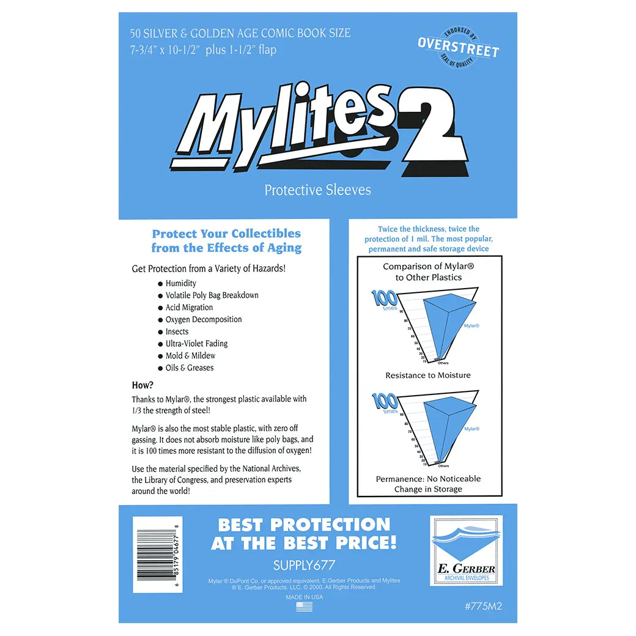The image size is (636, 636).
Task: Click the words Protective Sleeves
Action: coord(317,190)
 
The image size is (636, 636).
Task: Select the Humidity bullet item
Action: coord(180,283)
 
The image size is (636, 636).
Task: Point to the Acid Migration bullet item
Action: coord(189,308)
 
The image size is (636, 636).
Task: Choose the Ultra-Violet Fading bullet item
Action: coord(196,344)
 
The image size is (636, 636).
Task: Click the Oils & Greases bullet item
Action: coord(189,368)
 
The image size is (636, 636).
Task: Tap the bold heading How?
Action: coord(142,385)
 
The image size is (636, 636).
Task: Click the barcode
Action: coord(157,548)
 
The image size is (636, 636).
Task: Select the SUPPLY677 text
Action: coord(303,566)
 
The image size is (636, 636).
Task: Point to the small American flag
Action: coord(304,607)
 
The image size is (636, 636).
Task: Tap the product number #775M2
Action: coord(483,607)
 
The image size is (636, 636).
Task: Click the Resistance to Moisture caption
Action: coord(428,375)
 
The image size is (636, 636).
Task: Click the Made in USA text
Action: coord(304,597)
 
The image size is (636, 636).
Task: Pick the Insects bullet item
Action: coord(177,331)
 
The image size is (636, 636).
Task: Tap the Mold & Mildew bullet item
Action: coord(190,355)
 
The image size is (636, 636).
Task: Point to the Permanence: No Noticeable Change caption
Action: coord(428,484)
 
